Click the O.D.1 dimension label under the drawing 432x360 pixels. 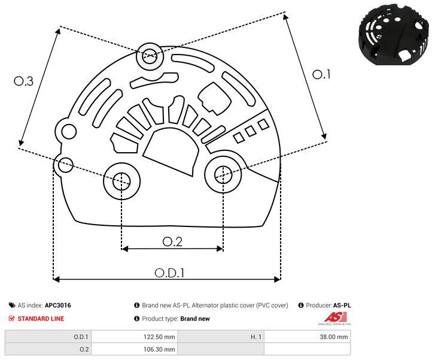[x=169, y=273]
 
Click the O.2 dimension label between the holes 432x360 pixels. [x=172, y=241]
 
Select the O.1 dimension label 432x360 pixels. [x=322, y=74]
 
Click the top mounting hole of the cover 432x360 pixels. [x=148, y=57]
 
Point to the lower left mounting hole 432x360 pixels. [x=121, y=179]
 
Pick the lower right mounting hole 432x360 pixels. [x=223, y=174]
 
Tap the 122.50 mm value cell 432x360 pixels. [x=135, y=337]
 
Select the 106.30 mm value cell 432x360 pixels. [x=135, y=349]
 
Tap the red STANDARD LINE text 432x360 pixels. [x=41, y=319]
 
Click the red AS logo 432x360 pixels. [x=332, y=317]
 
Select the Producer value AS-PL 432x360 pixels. [x=342, y=305]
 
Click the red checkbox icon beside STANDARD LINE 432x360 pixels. [x=12, y=319]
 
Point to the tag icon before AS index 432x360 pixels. [x=12, y=305]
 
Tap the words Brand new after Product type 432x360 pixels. [x=195, y=319]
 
